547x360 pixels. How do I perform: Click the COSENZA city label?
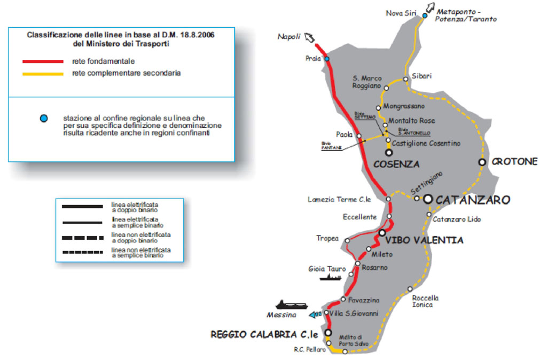tap(396, 163)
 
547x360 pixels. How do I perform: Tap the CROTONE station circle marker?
tap(482, 162)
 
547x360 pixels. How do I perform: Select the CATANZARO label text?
tap(473, 200)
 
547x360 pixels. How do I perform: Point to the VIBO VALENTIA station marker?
tap(382, 233)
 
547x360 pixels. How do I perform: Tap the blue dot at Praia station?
tap(327, 59)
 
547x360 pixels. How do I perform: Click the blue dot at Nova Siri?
tap(425, 16)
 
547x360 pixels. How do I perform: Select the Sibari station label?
tap(422, 76)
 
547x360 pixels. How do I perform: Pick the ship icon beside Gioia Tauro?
tap(330, 277)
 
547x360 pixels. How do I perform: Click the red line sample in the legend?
tap(42, 61)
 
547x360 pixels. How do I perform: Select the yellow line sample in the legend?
tap(42, 73)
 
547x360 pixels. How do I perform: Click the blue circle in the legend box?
tap(43, 118)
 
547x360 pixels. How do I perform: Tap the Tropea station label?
tap(327, 238)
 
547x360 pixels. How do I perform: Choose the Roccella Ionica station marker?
tap(410, 289)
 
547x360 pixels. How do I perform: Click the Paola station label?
tap(344, 135)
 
